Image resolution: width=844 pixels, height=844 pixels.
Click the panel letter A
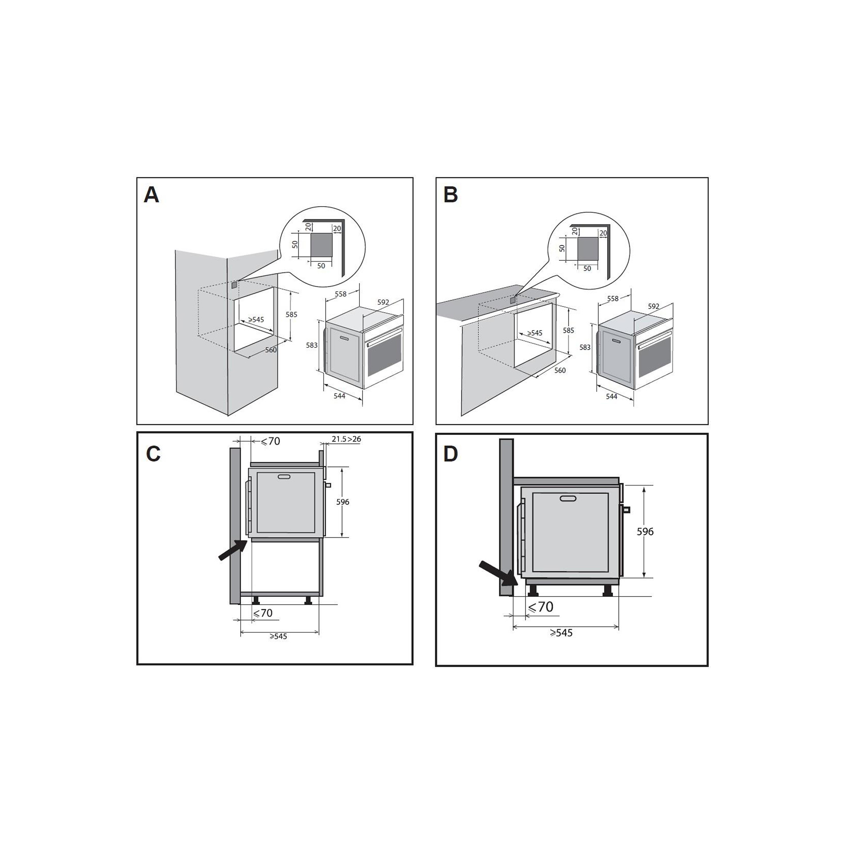pos(151,195)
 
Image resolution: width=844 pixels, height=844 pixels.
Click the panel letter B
pos(450,195)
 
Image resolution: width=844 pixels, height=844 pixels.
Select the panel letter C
pos(153,454)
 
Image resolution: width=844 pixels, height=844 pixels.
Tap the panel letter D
pos(450,454)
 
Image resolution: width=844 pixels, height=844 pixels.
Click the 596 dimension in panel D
pos(645,531)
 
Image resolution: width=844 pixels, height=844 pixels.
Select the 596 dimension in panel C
pos(342,502)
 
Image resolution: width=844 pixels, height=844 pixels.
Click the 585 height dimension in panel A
pos(291,315)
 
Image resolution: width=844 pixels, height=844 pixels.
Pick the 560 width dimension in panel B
pos(560,370)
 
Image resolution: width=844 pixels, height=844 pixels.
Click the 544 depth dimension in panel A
pos(339,396)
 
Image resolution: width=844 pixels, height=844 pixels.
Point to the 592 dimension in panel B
pos(653,307)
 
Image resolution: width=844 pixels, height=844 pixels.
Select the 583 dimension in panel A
pos(312,345)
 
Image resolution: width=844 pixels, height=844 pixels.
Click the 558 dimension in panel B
pos(613,299)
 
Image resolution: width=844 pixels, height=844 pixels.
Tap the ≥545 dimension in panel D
pos(561,633)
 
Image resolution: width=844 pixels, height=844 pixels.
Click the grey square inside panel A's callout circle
pos(321,245)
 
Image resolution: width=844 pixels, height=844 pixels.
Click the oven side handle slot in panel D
pos(568,498)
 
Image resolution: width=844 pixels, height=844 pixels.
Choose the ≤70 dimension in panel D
pos(541,607)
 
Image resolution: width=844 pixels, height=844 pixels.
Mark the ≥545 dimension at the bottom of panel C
pos(278,637)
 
